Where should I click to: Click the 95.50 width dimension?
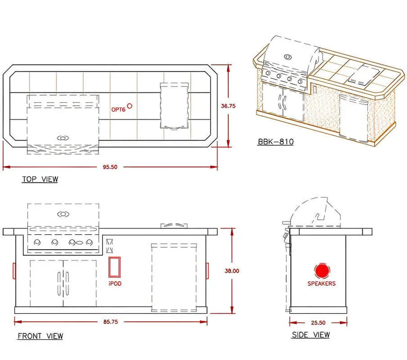coord(110,167)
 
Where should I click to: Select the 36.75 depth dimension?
coord(228,106)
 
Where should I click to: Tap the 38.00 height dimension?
coord(232,271)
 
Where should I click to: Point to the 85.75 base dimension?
coord(110,322)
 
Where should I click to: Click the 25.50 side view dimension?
coord(318,323)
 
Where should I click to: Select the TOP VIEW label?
coord(40,179)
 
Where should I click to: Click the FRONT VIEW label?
coord(40,336)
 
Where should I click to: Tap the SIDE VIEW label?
coord(311,335)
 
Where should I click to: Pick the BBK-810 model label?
coord(276,142)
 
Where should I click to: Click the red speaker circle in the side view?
coord(322,271)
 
